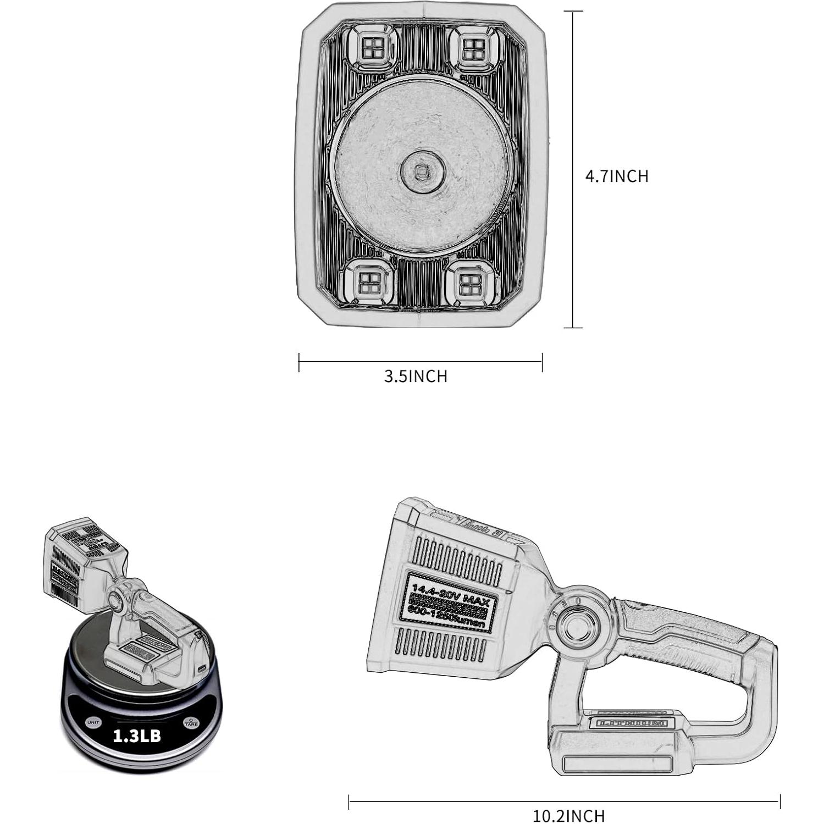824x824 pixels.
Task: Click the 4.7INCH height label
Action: click(x=616, y=176)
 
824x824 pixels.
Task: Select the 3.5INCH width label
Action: click(x=416, y=377)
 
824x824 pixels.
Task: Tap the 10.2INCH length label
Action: click(x=568, y=815)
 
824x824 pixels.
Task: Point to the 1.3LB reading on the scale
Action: click(x=137, y=736)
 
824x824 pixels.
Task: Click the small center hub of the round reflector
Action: click(x=422, y=172)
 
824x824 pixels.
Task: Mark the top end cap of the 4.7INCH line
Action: click(x=573, y=12)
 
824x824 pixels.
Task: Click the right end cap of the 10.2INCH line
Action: click(x=779, y=802)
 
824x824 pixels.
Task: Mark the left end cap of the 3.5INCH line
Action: click(x=299, y=362)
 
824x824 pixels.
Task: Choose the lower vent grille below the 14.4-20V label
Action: click(x=440, y=646)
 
